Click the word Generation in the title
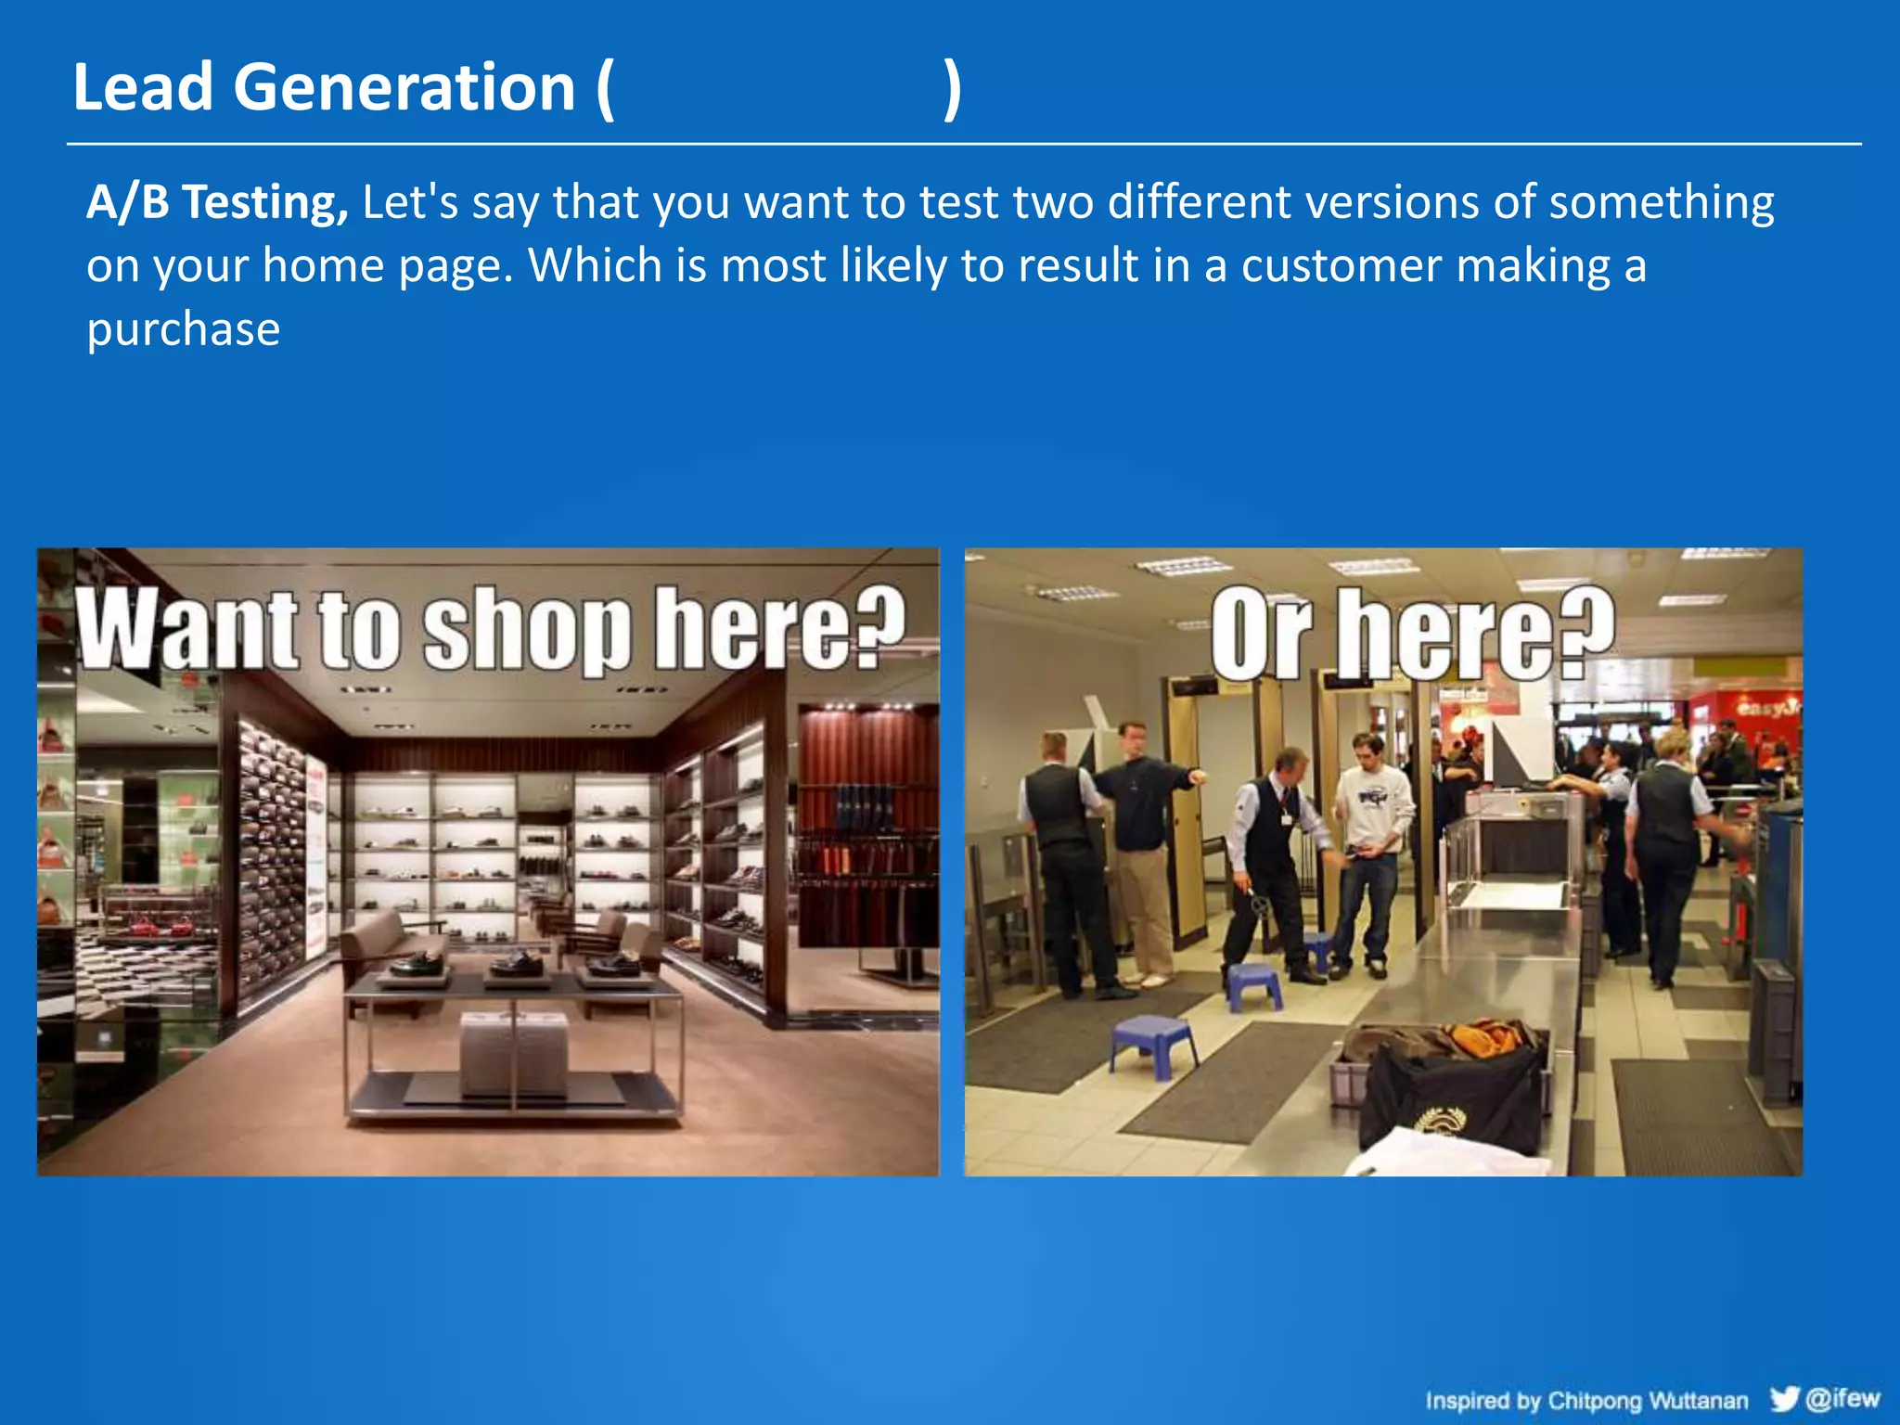pos(404,88)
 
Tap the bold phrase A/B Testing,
pos(217,202)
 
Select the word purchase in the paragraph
pos(183,329)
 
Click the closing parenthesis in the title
pos(952,89)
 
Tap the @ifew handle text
pos(1842,1397)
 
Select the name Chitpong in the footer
pos(1596,1400)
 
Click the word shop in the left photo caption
pos(526,631)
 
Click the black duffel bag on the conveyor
pos(1447,1095)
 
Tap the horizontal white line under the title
pos(963,144)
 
